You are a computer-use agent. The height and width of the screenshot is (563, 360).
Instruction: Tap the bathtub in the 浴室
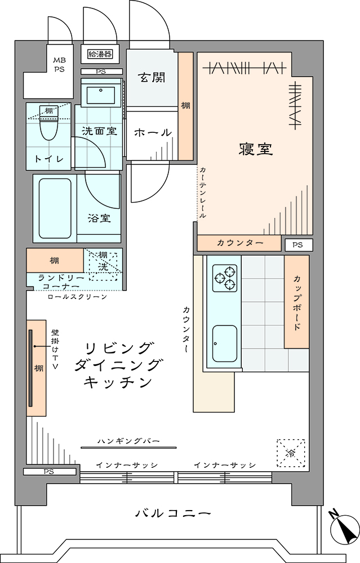(x=55, y=208)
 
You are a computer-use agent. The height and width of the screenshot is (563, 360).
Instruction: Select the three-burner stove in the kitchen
(x=225, y=278)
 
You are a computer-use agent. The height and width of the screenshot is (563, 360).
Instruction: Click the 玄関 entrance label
(x=152, y=77)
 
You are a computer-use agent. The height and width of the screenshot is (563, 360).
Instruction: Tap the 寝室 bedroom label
(x=256, y=149)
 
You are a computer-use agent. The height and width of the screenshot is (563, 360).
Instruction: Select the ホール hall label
(x=153, y=132)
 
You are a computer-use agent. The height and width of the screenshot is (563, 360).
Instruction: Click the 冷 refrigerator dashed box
(x=291, y=453)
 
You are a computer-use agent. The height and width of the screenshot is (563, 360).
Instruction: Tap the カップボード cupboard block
(x=297, y=302)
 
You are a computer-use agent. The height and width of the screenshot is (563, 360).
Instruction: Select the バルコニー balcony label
(x=173, y=513)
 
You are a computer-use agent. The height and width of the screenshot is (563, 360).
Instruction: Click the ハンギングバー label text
(x=128, y=441)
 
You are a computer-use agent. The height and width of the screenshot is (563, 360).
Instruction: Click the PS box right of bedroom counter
(x=297, y=245)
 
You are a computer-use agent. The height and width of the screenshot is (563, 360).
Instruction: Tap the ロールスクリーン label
(x=77, y=297)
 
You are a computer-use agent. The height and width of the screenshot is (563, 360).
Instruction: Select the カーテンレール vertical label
(x=203, y=193)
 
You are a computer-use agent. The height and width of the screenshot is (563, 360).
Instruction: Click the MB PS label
(x=59, y=65)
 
